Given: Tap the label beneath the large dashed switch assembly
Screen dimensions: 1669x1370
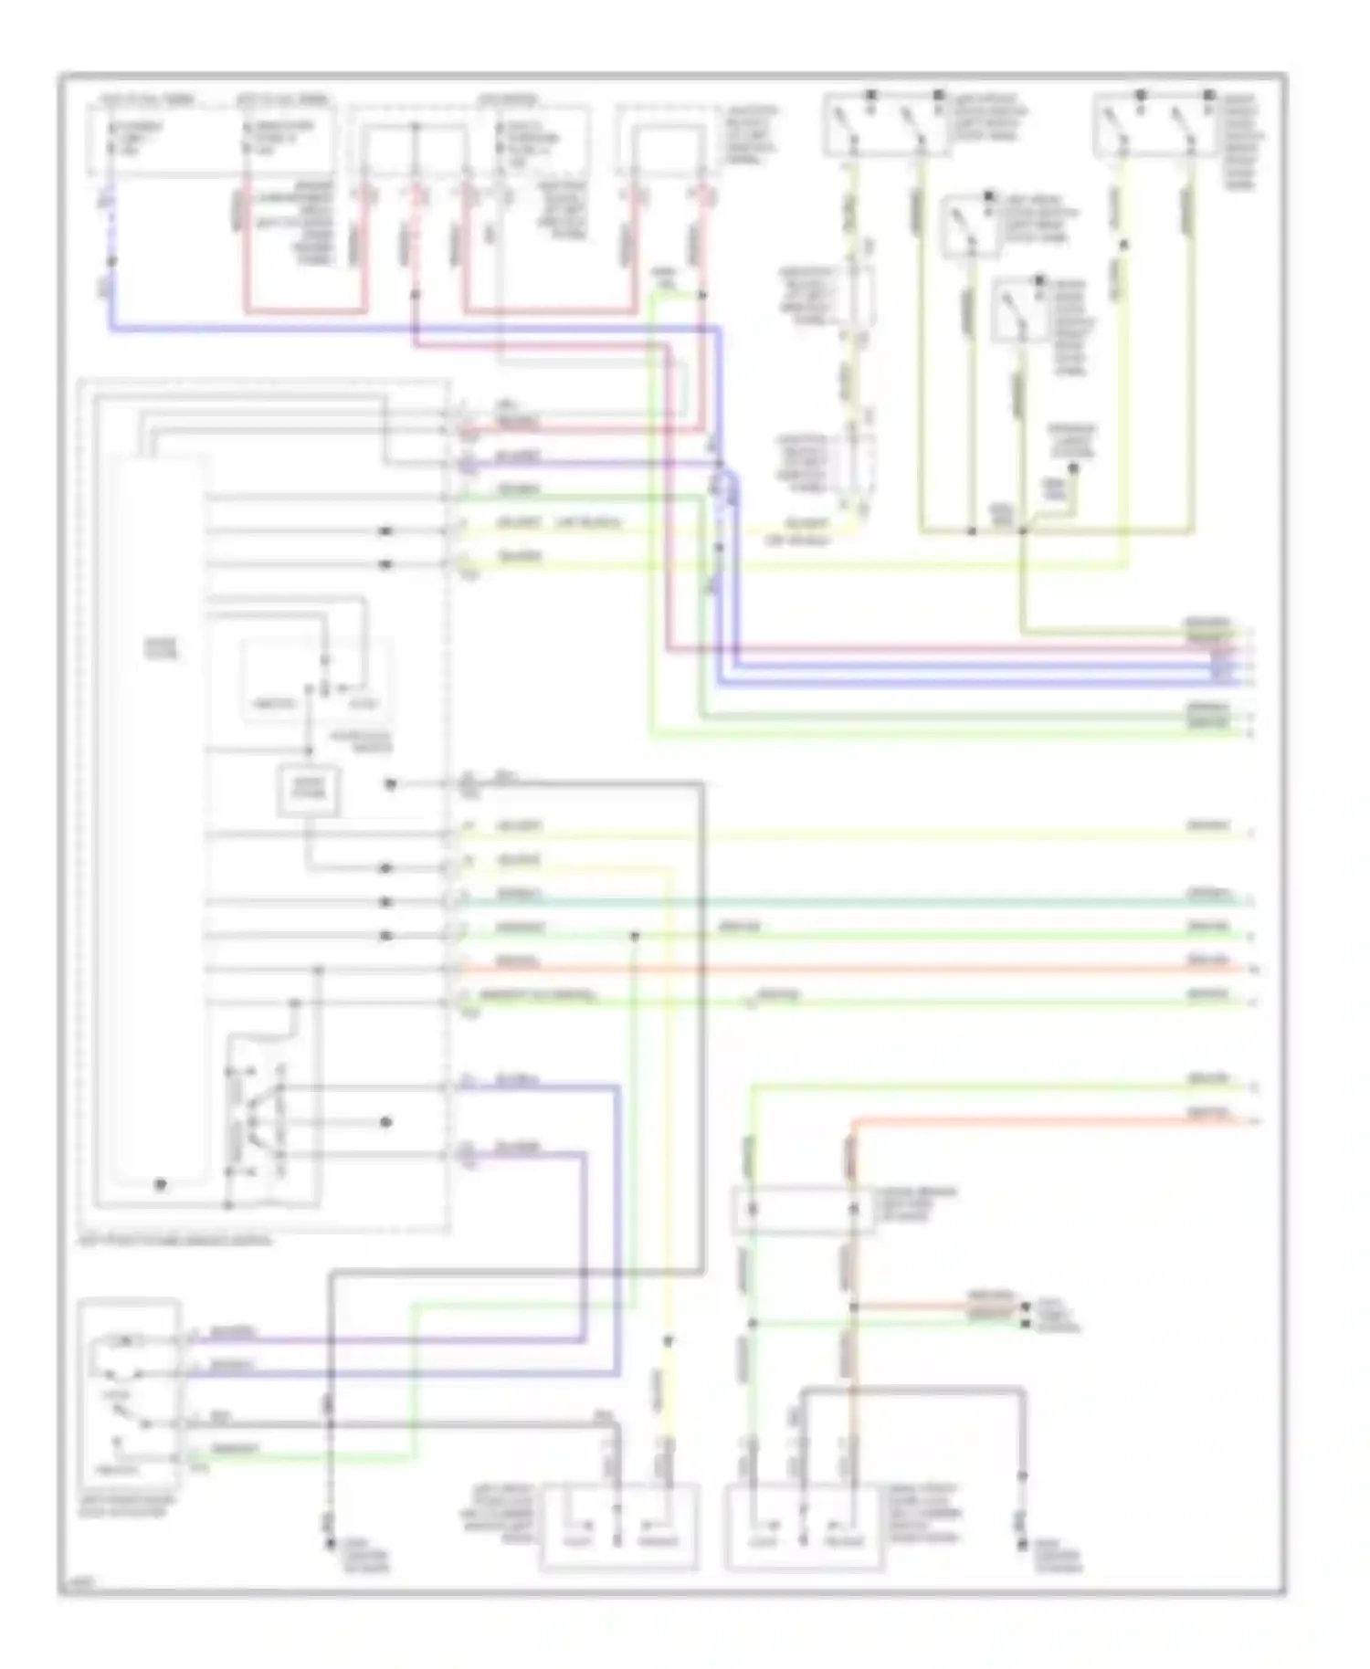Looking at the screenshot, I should click(x=174, y=1241).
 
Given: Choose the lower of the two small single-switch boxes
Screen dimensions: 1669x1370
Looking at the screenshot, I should click(x=1019, y=310).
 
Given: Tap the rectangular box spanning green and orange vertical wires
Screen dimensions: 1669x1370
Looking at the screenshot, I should click(x=803, y=1210).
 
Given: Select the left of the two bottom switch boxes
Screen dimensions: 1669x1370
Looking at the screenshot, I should click(x=620, y=1527).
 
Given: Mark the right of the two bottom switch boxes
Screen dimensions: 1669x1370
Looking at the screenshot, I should click(x=804, y=1527).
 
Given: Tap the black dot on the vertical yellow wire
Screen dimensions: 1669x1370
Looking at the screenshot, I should click(x=669, y=1341).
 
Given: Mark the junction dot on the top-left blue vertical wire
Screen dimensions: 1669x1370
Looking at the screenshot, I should click(x=112, y=262).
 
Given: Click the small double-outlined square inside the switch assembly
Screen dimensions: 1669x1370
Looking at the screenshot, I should click(x=309, y=791).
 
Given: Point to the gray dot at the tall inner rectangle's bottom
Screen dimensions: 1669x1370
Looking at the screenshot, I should click(x=160, y=1184).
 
